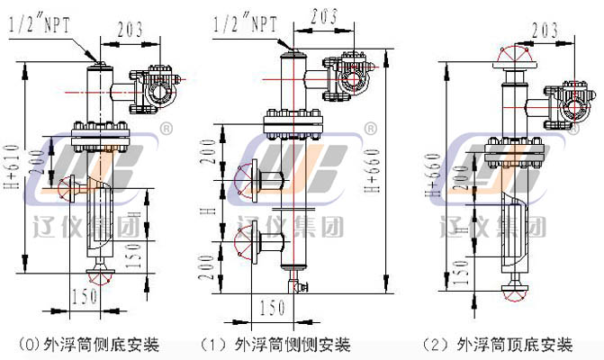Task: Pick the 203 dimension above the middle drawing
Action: (324, 15)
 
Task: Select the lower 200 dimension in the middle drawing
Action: (210, 263)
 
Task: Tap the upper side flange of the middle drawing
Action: (245, 177)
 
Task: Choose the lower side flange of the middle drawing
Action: (245, 241)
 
